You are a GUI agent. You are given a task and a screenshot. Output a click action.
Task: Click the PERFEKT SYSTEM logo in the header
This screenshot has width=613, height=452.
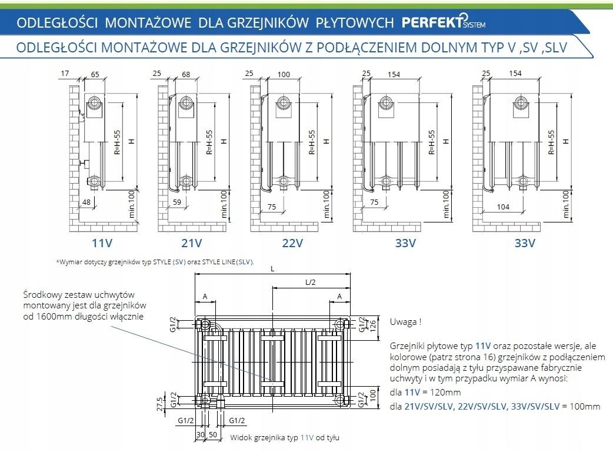[443, 22]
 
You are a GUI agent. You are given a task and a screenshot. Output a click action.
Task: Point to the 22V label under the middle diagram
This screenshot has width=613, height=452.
[292, 242]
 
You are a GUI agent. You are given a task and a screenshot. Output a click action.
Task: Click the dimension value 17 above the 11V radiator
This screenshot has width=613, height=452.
[65, 73]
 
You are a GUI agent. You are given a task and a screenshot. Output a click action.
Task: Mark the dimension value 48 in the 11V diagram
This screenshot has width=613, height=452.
[87, 202]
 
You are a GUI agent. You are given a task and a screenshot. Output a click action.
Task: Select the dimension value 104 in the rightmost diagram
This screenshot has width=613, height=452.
[503, 207]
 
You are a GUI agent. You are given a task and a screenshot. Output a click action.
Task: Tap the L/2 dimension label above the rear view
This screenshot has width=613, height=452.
[311, 282]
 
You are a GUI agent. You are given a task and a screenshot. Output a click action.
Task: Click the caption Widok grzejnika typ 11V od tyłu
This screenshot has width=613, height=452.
[285, 438]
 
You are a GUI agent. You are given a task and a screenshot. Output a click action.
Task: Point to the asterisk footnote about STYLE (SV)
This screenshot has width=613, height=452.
[155, 262]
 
